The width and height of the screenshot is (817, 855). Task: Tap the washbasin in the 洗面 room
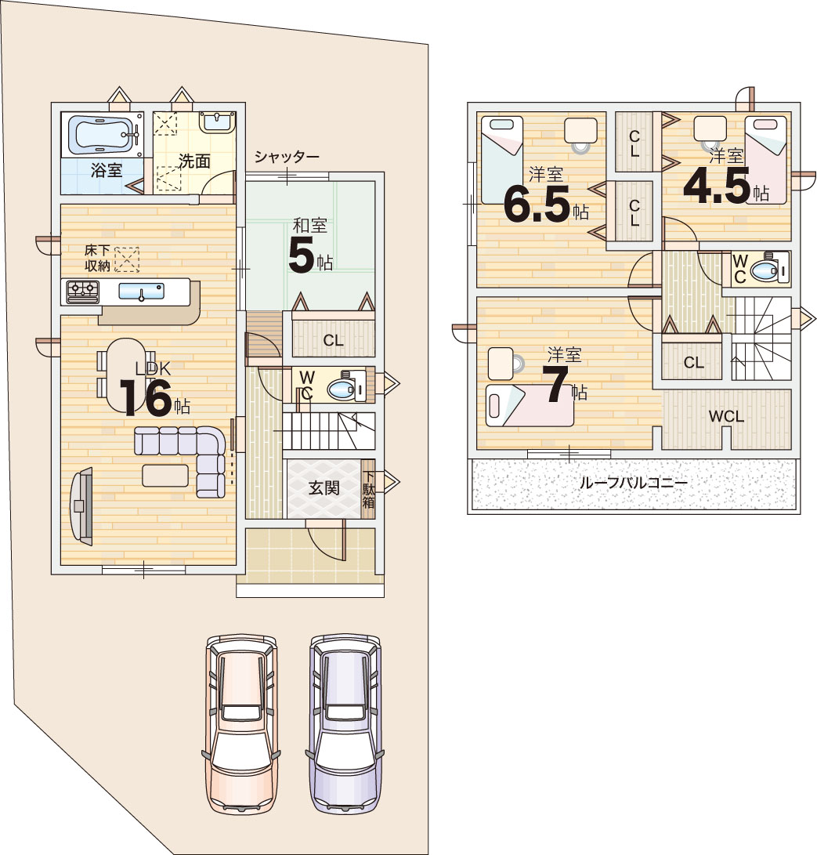217,121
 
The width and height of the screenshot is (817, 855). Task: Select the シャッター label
287,157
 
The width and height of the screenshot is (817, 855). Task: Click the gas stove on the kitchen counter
83,292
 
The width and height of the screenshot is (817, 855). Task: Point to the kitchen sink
141,292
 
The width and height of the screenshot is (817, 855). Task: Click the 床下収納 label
98,258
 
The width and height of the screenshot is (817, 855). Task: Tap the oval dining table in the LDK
126,375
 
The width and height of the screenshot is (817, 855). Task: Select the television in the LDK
81,506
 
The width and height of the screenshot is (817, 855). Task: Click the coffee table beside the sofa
165,475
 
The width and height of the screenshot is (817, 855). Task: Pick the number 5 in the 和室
301,255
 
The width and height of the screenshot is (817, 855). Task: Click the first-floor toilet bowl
342,389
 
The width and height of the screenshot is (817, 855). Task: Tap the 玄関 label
324,487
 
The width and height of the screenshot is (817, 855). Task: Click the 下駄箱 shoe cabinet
369,489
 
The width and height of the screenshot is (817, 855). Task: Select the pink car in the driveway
241,724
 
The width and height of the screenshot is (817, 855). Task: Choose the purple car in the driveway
345,724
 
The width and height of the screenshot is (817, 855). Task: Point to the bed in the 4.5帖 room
766,160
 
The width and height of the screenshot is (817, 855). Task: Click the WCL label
726,417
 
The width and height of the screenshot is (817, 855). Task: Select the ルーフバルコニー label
634,483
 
